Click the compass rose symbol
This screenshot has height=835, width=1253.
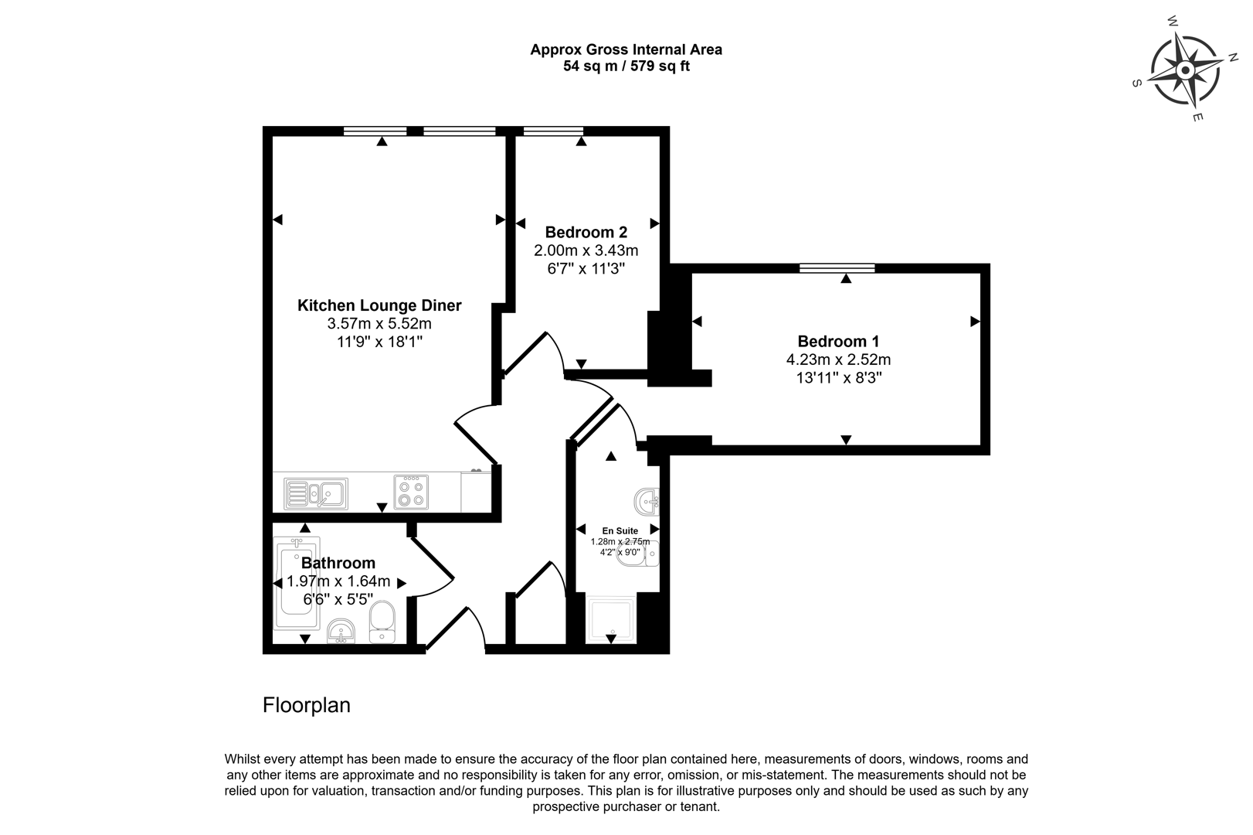pos(1185,71)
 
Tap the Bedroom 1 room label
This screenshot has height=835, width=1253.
pos(838,341)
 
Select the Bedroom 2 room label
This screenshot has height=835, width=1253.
pos(586,232)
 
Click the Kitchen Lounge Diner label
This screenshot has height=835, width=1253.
pos(379,305)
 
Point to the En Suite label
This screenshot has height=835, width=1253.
pos(620,531)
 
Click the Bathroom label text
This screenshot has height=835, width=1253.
pos(338,563)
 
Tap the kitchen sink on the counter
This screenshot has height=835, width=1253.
pos(315,493)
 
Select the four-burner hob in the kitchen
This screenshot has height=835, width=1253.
pos(410,492)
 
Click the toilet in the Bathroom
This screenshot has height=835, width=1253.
pos(382,622)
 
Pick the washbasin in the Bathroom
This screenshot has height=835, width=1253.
pos(340,630)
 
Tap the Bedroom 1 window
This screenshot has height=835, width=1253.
pos(837,268)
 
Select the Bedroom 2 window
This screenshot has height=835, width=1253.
pos(553,131)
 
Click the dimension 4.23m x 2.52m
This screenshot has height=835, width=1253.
pos(838,360)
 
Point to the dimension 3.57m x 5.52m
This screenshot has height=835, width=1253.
pos(379,324)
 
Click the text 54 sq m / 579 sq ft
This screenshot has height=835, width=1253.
pos(626,66)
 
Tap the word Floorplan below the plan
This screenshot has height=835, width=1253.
pos(306,705)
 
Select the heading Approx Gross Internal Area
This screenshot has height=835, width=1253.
pos(626,49)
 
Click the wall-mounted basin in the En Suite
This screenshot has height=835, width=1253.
pos(647,501)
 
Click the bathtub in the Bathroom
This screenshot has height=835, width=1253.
pos(296,584)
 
